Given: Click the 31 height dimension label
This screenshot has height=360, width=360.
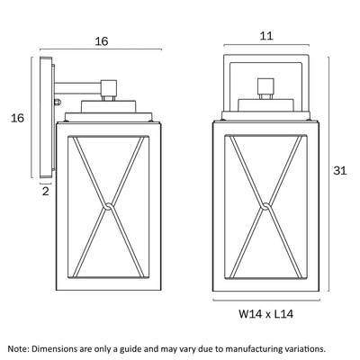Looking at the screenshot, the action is [x=340, y=171].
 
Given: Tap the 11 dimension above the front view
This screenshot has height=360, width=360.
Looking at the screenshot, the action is [x=266, y=36].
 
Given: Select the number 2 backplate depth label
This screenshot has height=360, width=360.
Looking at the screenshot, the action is [x=46, y=191].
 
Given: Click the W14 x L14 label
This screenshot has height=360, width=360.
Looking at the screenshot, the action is [x=266, y=314].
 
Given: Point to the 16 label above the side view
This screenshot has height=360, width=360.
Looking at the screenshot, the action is [x=102, y=41].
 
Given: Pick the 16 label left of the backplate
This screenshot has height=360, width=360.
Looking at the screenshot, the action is [x=17, y=118].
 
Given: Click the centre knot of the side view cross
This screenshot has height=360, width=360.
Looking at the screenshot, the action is [x=109, y=206].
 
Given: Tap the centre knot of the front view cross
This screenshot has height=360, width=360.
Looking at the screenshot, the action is [x=266, y=206].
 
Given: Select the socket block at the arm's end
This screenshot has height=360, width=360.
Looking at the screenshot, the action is [x=109, y=88].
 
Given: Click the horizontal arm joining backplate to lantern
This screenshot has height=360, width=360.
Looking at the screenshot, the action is [x=77, y=88].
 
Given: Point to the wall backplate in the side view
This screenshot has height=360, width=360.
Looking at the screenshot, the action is [x=46, y=118].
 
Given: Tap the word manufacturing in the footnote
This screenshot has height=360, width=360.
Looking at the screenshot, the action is [x=254, y=349].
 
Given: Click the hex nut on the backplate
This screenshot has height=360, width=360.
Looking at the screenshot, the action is [x=58, y=102].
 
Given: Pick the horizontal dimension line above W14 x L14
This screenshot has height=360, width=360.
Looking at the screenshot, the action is [x=266, y=300].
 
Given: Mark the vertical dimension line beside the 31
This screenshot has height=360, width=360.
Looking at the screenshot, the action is [x=328, y=174].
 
